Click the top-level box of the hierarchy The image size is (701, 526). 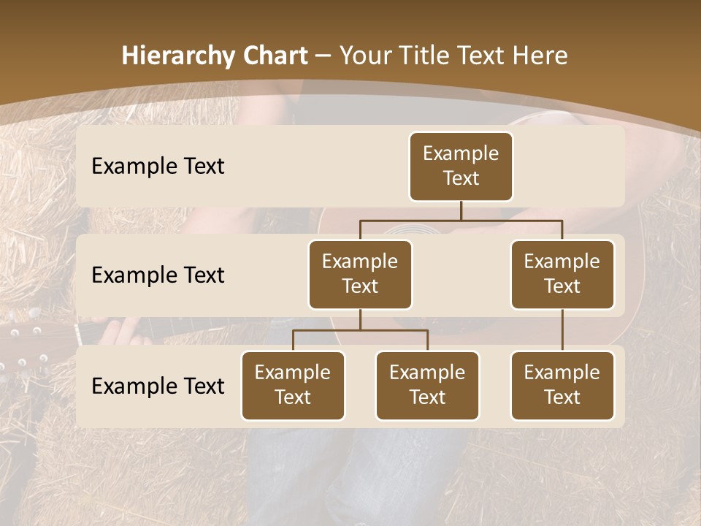pyautogui.click(x=461, y=167)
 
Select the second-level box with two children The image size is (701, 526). pyautogui.click(x=360, y=274)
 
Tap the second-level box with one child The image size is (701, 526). pyautogui.click(x=562, y=274)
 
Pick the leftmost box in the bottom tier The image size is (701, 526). pyautogui.click(x=293, y=385)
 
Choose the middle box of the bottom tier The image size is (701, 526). pyautogui.click(x=427, y=385)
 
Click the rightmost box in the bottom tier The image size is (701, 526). pyautogui.click(x=562, y=385)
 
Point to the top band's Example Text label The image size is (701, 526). pyautogui.click(x=158, y=167)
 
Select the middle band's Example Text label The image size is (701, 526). pyautogui.click(x=158, y=275)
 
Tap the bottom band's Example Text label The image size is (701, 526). pyautogui.click(x=158, y=386)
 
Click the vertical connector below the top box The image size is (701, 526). pyautogui.click(x=461, y=210)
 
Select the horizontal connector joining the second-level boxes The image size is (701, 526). pyautogui.click(x=461, y=220)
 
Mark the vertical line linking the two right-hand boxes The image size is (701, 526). pyautogui.click(x=562, y=330)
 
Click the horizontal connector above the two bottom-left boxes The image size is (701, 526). pyautogui.click(x=360, y=330)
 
